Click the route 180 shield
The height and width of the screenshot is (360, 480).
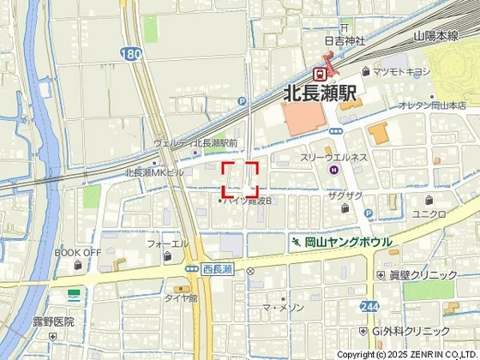tap(129, 53)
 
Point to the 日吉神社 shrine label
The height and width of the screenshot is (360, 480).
tap(345, 40)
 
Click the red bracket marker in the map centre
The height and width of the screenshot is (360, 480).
tap(240, 178)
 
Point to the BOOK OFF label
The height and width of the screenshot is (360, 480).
tap(78, 253)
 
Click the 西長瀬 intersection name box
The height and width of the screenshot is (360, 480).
tap(218, 270)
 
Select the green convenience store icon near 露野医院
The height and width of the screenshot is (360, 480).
tap(75, 296)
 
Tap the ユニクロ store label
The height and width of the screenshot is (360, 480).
tap(429, 213)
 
